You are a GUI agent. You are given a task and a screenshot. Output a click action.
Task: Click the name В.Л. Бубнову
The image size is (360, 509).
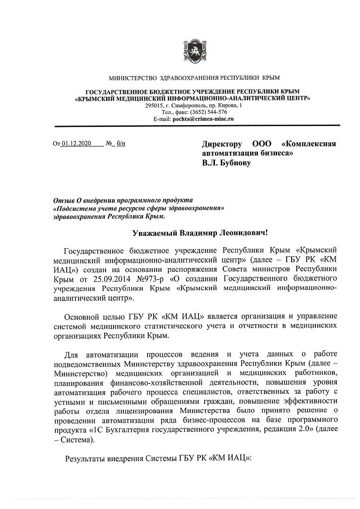tap(226, 164)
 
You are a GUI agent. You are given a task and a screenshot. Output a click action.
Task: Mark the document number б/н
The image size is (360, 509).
tap(121, 143)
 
